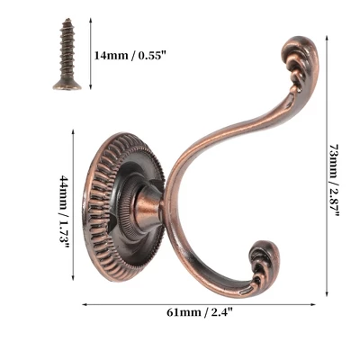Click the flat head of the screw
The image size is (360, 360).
[67, 85]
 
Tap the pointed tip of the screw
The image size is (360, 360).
[68, 20]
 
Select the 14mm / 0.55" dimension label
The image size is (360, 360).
[130, 56]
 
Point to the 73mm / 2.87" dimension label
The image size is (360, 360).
[335, 180]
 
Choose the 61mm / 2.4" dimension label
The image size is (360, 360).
[200, 312]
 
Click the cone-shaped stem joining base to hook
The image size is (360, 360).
[148, 207]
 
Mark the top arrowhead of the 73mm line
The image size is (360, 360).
[327, 38]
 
